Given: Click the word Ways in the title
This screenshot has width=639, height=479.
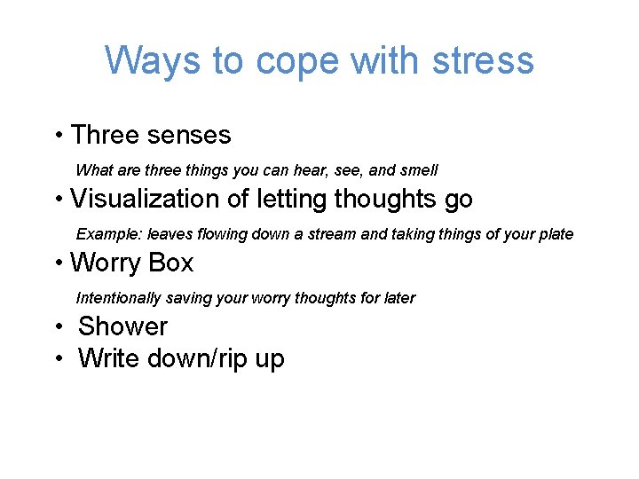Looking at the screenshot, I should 153,60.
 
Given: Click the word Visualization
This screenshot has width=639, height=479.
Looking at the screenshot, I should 147,200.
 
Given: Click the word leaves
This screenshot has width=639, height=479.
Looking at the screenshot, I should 167,235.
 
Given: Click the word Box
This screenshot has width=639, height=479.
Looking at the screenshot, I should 171,263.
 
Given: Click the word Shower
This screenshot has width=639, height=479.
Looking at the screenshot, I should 122,326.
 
